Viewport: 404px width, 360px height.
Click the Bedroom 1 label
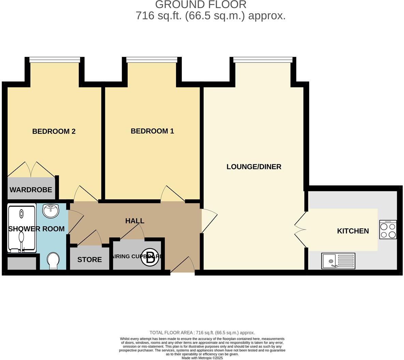point(152,131)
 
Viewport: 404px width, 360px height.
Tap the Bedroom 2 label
point(54,131)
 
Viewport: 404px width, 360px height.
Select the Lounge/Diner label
point(254,167)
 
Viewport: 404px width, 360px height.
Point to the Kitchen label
point(353,231)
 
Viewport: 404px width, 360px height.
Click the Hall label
point(135,221)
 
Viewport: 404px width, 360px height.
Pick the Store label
point(89,259)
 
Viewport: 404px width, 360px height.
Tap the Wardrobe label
point(31,190)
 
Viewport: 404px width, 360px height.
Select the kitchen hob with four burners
point(388,229)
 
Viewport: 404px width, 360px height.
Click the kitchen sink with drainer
point(338,261)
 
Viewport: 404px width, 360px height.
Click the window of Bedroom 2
point(55,60)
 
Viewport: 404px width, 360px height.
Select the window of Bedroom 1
point(152,60)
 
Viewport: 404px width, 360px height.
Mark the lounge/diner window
point(263,60)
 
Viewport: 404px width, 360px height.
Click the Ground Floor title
point(201,5)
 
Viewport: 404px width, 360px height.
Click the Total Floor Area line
point(202,333)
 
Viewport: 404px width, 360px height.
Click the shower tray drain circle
point(21,214)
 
